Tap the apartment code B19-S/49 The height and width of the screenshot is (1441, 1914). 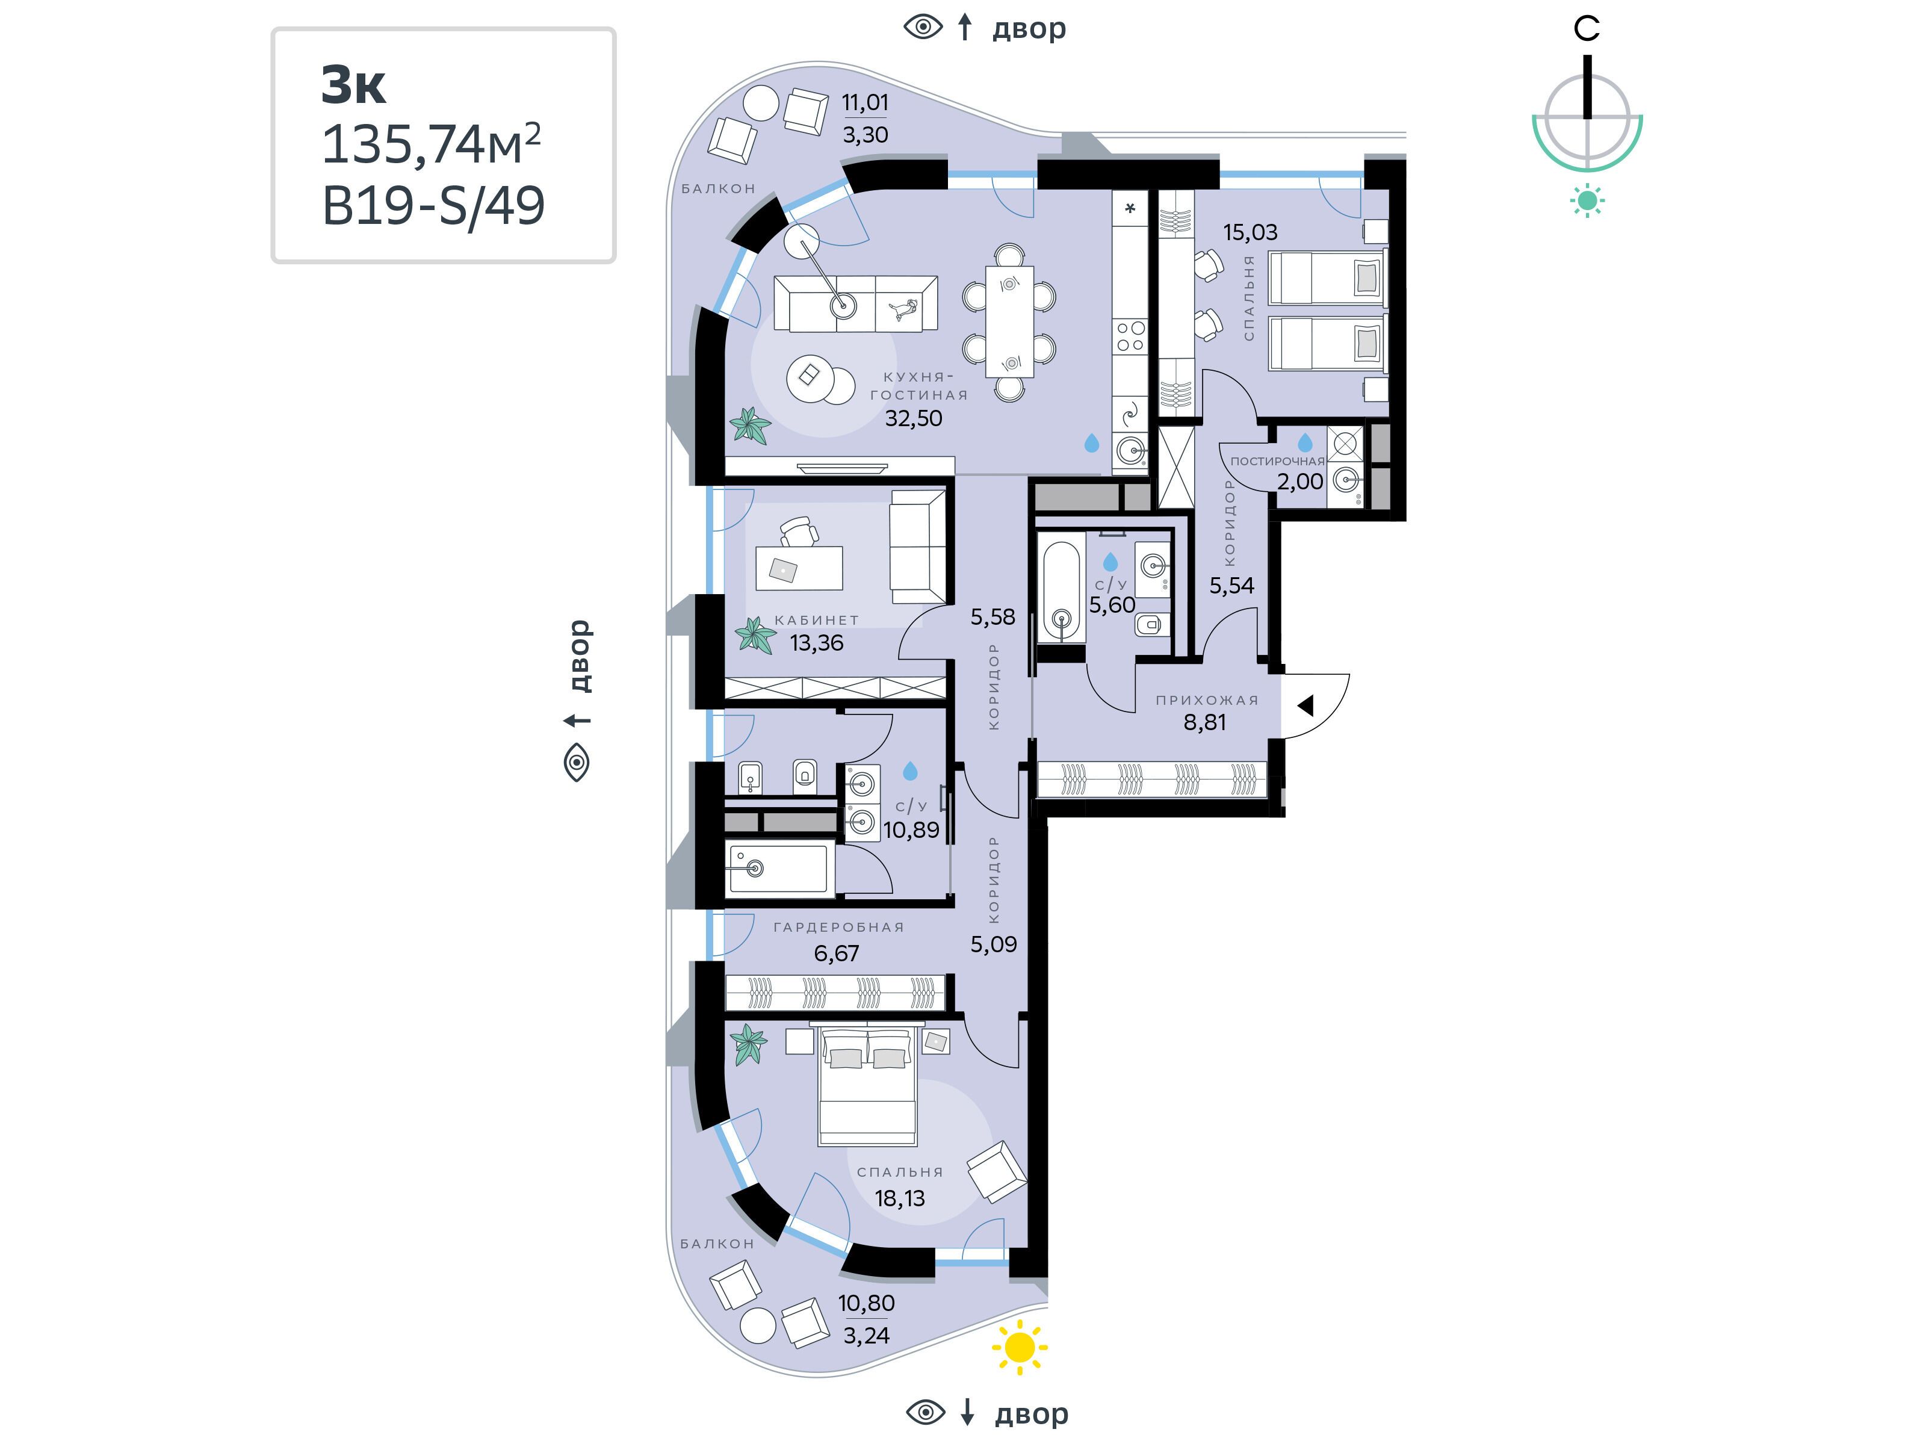pos(433,206)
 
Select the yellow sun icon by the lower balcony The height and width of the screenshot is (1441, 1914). pos(1020,1346)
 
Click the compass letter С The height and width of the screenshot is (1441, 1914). pos(1586,28)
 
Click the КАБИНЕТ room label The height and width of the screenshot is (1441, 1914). pos(817,619)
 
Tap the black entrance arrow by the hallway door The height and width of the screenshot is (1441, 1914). pos(1305,705)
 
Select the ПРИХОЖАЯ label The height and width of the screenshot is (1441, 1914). pos(1207,699)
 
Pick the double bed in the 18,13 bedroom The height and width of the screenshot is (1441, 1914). pos(866,1085)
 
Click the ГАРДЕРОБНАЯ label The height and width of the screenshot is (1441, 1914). pos(838,927)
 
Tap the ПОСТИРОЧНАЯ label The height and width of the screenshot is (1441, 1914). pos(1277,461)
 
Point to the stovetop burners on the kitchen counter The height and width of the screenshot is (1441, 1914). pos(1130,336)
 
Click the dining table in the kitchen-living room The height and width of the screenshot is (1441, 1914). pos(1009,321)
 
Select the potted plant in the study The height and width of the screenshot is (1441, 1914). pos(755,634)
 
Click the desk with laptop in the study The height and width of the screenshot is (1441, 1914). pos(799,568)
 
